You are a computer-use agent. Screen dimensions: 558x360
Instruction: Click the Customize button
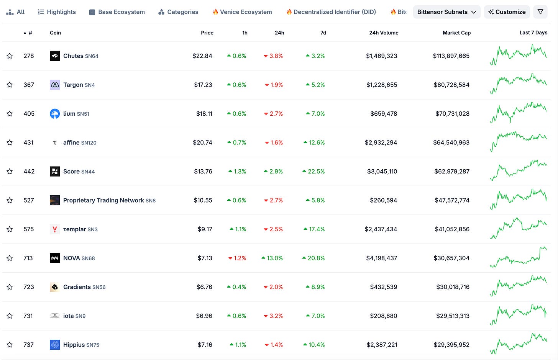(x=507, y=12)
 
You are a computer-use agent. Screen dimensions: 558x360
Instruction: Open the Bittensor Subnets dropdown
(x=446, y=12)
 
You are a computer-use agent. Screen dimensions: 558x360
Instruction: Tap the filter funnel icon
(x=540, y=12)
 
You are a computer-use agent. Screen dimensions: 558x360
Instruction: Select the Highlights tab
(x=57, y=12)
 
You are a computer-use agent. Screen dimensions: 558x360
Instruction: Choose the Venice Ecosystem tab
(x=242, y=12)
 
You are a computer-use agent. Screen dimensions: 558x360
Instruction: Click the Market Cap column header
(x=456, y=33)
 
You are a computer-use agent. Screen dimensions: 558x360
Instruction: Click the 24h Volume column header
(x=384, y=33)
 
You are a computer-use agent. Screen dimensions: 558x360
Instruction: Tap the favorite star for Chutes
(x=10, y=56)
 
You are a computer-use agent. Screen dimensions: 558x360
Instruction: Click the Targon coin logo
(x=55, y=85)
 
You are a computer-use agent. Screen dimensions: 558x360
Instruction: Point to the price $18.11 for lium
(x=204, y=113)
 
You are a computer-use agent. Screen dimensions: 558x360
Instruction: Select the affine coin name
(x=71, y=142)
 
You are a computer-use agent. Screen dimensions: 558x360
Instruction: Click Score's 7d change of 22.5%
(x=313, y=171)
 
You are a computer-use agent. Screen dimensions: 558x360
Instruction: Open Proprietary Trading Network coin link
(x=103, y=200)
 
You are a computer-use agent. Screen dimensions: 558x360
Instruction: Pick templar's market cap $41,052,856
(x=452, y=229)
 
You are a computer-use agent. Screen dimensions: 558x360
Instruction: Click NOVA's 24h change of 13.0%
(x=272, y=258)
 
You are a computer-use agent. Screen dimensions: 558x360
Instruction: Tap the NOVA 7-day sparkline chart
(x=518, y=257)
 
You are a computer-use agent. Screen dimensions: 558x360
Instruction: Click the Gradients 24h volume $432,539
(x=384, y=287)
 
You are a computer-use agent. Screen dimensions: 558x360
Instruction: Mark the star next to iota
(x=10, y=316)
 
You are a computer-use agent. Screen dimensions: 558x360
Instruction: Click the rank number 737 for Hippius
(x=28, y=345)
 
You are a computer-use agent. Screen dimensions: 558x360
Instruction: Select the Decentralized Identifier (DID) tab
(x=331, y=12)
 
